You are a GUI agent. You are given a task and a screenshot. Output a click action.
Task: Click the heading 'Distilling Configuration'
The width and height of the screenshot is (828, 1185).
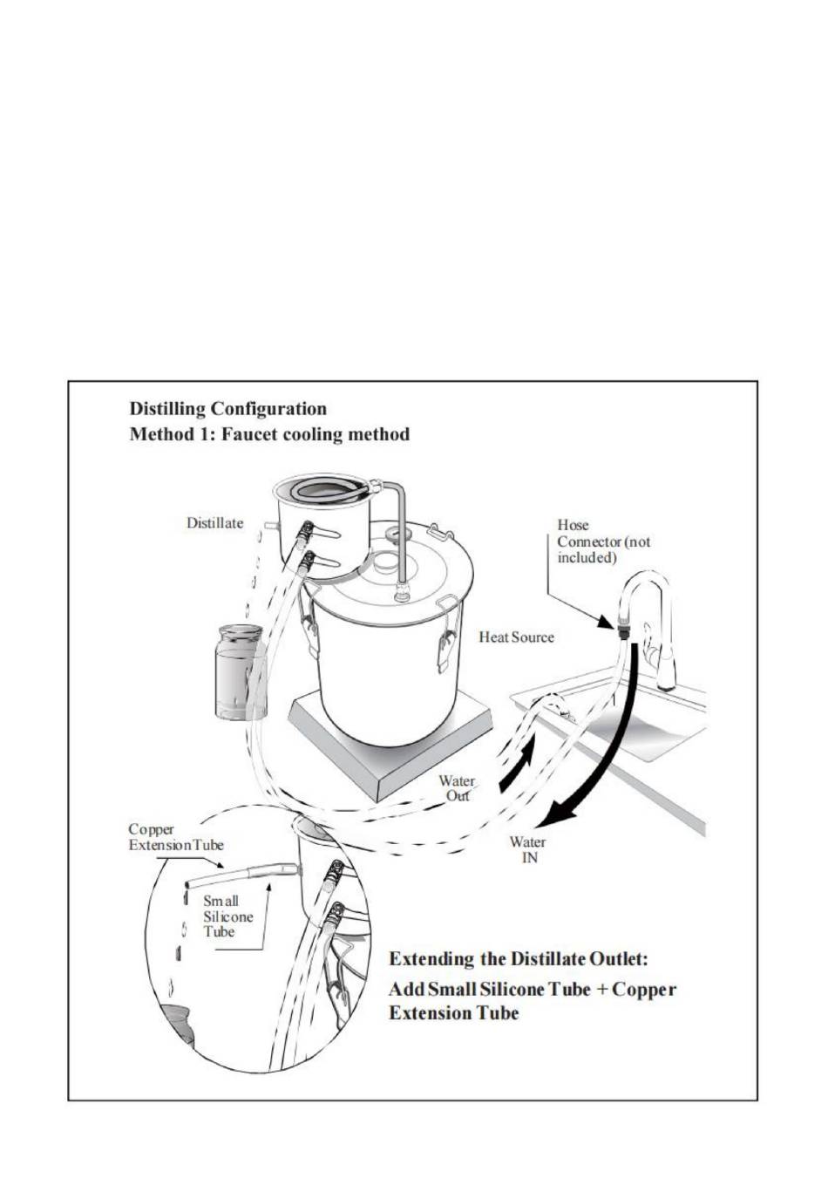(227, 408)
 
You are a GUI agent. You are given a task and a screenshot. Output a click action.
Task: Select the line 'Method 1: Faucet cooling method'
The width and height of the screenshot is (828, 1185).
(268, 434)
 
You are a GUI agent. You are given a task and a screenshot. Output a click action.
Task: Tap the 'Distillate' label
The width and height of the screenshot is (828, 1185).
(214, 523)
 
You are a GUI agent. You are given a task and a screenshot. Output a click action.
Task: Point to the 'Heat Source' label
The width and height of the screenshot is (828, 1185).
(516, 637)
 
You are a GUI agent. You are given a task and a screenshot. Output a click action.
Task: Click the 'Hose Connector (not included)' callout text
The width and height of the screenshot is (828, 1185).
(603, 541)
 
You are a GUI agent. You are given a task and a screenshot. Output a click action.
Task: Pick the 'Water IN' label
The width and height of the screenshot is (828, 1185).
(528, 850)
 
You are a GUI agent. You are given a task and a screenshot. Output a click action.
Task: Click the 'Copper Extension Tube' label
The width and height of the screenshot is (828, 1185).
(175, 837)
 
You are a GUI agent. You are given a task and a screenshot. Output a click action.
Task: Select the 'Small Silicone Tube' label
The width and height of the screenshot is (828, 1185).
(227, 916)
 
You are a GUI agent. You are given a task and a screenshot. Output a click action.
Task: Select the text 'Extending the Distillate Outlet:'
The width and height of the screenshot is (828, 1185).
(519, 959)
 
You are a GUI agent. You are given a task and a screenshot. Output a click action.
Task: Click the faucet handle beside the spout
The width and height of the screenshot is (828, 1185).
(649, 641)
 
